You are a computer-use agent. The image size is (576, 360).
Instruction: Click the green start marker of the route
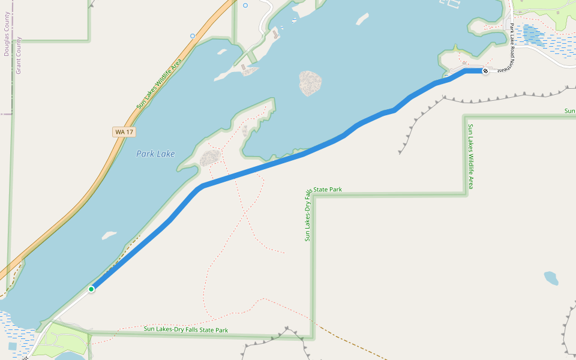pos(91,289)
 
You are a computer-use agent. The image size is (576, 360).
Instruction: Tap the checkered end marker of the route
pos(485,71)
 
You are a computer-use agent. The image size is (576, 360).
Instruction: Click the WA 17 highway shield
pos(124,131)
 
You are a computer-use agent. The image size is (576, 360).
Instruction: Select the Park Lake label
pos(155,154)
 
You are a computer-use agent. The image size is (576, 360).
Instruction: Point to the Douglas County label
pos(7,34)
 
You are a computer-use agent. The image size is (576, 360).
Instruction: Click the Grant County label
pos(18,55)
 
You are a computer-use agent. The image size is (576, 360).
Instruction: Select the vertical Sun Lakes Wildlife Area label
pos(471,156)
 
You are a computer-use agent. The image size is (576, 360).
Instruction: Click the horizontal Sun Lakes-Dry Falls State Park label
pos(186,330)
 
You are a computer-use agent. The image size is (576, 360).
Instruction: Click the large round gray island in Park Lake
pos(310,83)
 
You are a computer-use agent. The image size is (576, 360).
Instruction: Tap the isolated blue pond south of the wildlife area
pos(551,278)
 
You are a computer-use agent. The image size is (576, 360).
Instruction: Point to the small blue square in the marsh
pos(12,346)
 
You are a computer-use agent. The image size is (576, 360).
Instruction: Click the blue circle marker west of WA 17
pos(193,36)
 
